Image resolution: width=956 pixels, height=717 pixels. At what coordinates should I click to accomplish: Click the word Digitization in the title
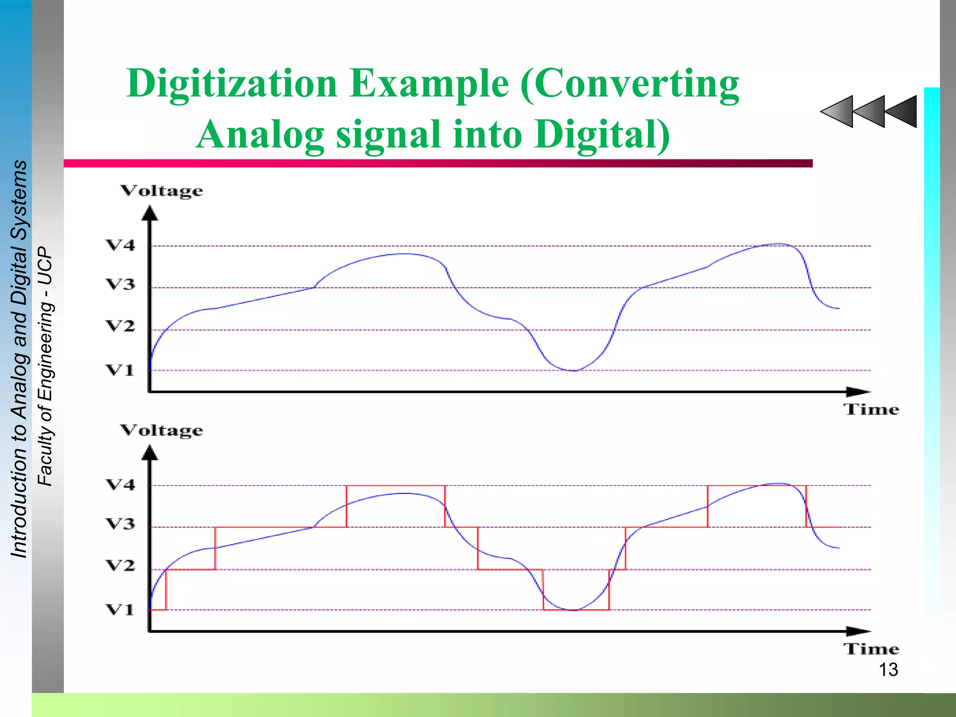(x=232, y=84)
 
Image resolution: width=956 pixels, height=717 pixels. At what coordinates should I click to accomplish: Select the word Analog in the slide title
(x=260, y=134)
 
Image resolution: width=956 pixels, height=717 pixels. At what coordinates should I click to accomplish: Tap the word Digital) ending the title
(x=602, y=134)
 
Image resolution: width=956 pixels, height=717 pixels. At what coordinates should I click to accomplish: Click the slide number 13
(x=888, y=670)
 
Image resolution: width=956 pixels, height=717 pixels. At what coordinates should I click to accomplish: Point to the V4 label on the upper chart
(x=120, y=245)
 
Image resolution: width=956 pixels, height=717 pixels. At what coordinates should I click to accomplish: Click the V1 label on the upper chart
(x=120, y=370)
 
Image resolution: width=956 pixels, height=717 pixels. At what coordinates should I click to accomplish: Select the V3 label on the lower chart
(x=120, y=524)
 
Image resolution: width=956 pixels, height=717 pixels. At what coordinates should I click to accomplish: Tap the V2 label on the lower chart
(x=120, y=565)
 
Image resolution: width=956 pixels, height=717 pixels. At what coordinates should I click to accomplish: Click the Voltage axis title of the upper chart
(x=162, y=191)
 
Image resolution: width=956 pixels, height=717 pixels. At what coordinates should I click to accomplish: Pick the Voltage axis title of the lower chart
(x=162, y=430)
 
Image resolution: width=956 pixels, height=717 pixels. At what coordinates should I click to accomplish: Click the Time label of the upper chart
(x=871, y=409)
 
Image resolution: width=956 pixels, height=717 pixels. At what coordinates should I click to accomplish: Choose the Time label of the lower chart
(x=871, y=649)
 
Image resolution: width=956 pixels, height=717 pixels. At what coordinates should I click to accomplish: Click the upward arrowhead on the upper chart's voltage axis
(x=150, y=213)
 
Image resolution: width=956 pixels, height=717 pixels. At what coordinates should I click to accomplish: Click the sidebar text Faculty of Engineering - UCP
(x=45, y=366)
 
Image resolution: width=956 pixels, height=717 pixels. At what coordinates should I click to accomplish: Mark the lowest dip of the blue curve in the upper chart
(x=575, y=370)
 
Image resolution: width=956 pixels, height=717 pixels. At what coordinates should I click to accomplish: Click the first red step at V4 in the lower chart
(x=395, y=486)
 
